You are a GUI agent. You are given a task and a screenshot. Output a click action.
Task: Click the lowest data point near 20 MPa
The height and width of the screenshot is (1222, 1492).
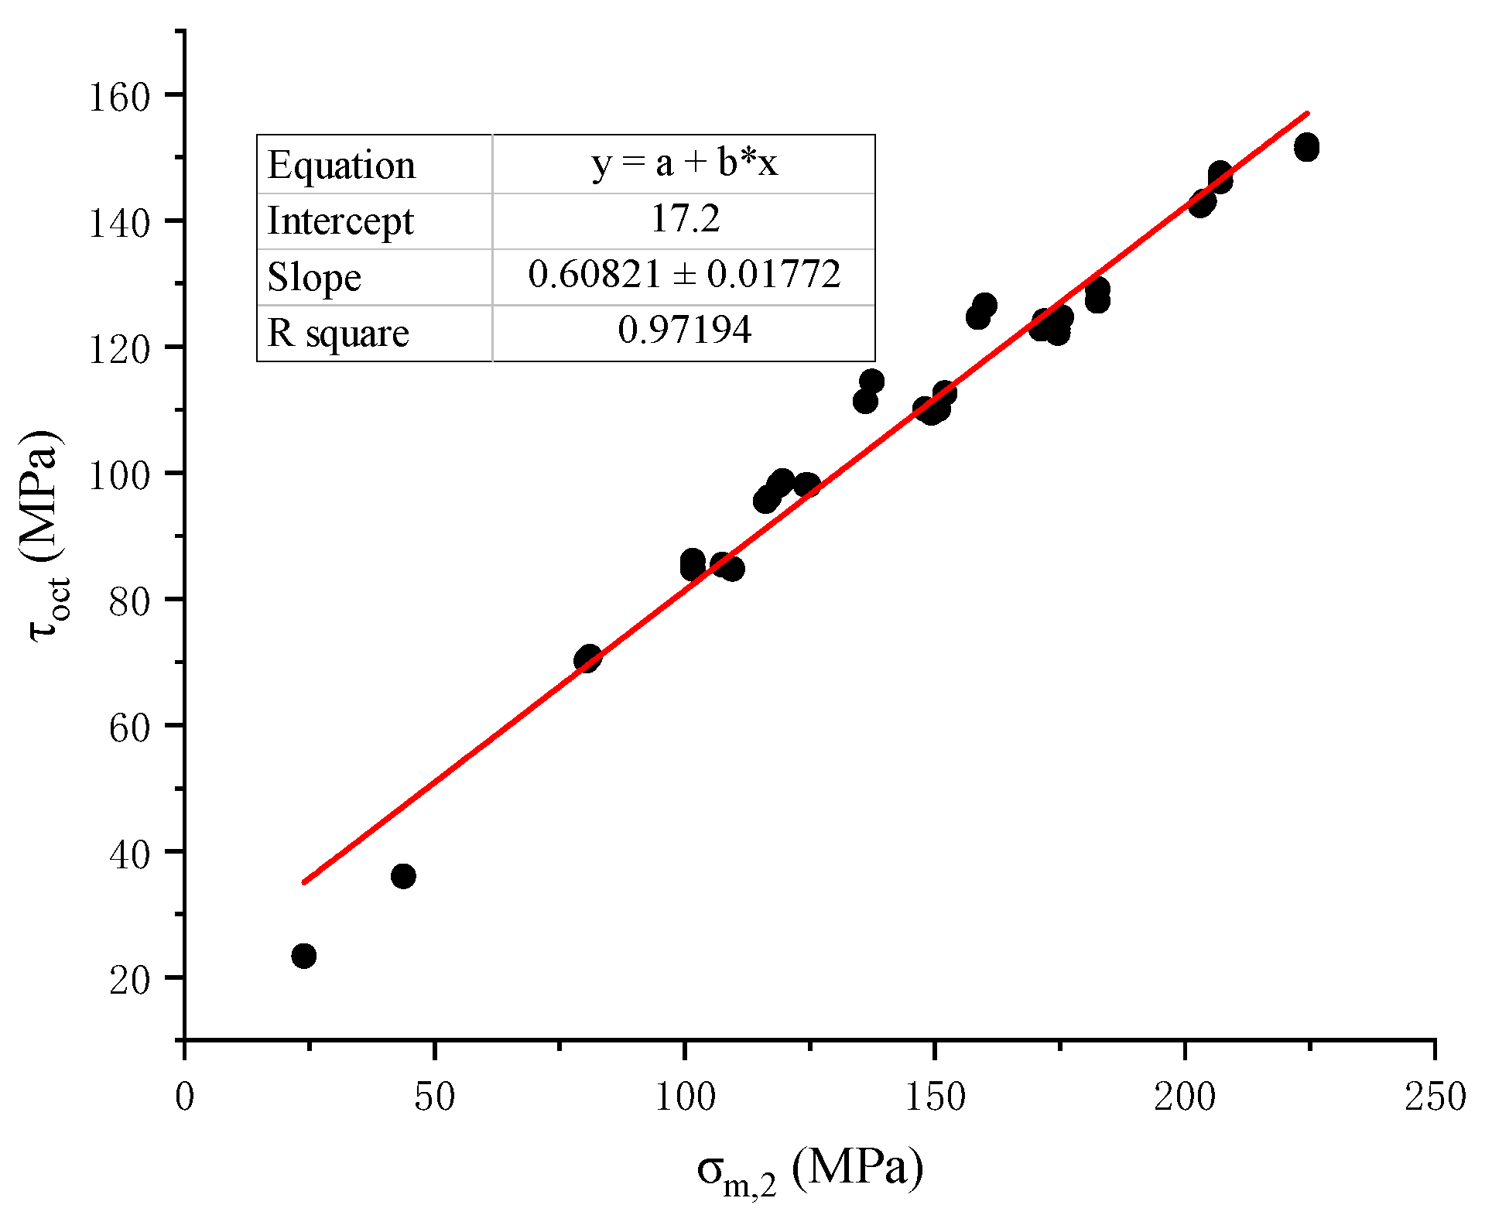304,956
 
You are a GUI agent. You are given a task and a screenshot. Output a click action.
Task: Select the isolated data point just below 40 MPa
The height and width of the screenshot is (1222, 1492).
403,876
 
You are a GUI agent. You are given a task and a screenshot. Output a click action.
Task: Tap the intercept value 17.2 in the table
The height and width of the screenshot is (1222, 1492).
685,219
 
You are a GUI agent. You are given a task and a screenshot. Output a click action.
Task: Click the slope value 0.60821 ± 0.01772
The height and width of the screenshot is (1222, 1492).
684,275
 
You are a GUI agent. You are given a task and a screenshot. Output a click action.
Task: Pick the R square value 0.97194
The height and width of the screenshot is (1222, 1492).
685,330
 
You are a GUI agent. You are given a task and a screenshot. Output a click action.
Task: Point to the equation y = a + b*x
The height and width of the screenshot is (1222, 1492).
684,163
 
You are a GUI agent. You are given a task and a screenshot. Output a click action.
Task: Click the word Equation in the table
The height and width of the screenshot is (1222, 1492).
341,166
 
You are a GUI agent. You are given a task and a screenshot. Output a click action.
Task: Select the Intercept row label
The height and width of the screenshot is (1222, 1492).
340,221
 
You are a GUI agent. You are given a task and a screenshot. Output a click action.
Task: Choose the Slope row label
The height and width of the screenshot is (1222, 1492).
314,277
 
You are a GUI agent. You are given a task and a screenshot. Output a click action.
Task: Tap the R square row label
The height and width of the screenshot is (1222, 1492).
338,334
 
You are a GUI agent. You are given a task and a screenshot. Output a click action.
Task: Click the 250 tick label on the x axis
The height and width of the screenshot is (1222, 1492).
1435,1097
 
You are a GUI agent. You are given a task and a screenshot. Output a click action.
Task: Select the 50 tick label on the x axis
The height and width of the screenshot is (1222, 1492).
434,1097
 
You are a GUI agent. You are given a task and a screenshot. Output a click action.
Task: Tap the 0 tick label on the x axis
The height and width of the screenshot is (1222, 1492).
184,1097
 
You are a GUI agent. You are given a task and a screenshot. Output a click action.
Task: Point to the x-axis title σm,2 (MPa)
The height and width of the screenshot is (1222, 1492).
809,1170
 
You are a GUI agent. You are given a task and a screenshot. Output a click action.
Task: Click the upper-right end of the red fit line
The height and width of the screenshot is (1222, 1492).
1306,114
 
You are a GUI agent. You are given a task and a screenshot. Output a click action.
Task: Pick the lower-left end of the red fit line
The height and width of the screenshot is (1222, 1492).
305,881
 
